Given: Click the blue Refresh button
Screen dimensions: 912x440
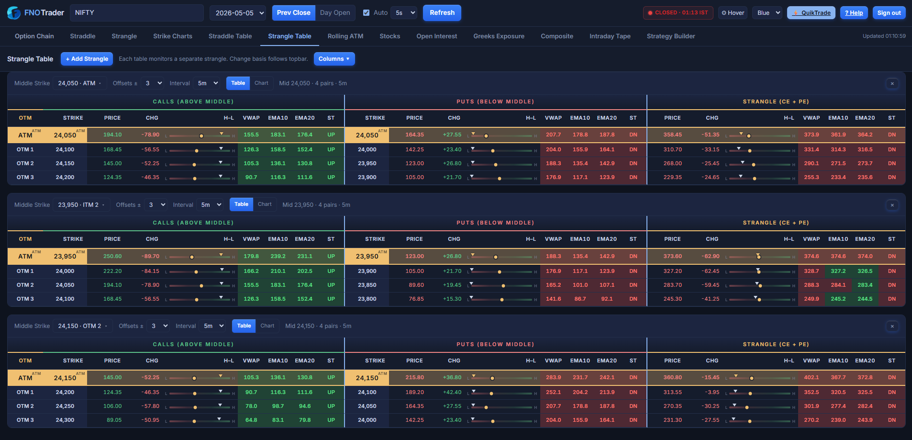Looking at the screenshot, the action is pyautogui.click(x=442, y=13).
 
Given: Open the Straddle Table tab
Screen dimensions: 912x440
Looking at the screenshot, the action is pyautogui.click(x=230, y=36).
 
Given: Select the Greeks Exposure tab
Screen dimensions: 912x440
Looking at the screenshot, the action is pyautogui.click(x=499, y=36).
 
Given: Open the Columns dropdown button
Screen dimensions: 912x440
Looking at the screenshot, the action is pyautogui.click(x=334, y=59).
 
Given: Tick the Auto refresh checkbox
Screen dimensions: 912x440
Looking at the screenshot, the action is pyautogui.click(x=367, y=13).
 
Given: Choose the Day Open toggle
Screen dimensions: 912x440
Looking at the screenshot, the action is pyautogui.click(x=335, y=13).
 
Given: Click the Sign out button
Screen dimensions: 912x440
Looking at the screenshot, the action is pyautogui.click(x=889, y=13).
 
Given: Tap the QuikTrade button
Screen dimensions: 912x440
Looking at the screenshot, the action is pyautogui.click(x=812, y=13).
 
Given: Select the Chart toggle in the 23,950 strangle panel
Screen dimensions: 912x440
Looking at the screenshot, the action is pyautogui.click(x=265, y=204).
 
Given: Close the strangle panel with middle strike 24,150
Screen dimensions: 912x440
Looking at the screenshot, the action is pyautogui.click(x=892, y=326).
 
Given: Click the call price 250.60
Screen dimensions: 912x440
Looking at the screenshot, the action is pyautogui.click(x=112, y=256).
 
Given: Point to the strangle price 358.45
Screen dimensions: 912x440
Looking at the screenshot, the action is pyautogui.click(x=672, y=135).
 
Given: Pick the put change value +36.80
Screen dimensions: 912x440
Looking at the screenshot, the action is pyautogui.click(x=452, y=377).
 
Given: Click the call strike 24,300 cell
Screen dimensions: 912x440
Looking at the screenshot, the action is pyautogui.click(x=65, y=420).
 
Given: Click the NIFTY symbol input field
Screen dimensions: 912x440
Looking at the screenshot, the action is pyautogui.click(x=137, y=13).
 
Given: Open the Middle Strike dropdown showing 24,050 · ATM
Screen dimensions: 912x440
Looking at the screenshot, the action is pyautogui.click(x=79, y=83).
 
